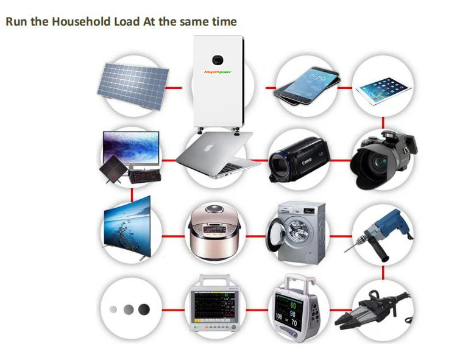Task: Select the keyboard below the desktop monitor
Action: [x=144, y=175]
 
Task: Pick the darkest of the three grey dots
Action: [x=144, y=309]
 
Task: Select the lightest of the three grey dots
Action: [x=112, y=309]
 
